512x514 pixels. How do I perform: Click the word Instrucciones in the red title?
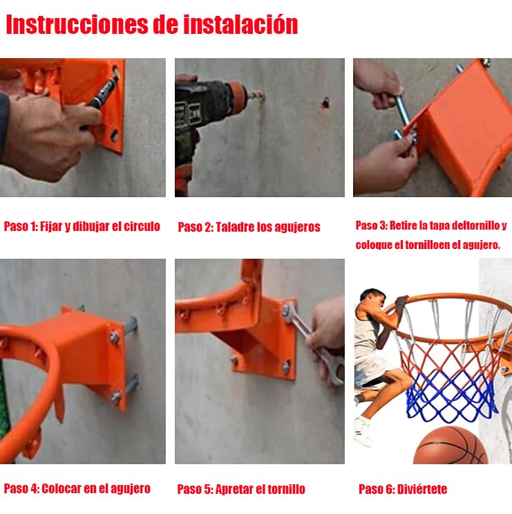pyautogui.click(x=77, y=25)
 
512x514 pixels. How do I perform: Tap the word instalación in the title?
pyautogui.click(x=240, y=25)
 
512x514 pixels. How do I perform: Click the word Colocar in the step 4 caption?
pyautogui.click(x=61, y=488)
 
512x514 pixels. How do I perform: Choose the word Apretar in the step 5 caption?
pyautogui.click(x=234, y=490)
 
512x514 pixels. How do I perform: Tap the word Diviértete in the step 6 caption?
pyautogui.click(x=422, y=489)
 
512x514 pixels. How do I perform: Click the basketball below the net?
pyautogui.click(x=451, y=446)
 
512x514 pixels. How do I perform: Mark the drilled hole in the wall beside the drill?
pyautogui.click(x=325, y=102)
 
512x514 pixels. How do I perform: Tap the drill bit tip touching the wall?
pyautogui.click(x=263, y=96)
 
